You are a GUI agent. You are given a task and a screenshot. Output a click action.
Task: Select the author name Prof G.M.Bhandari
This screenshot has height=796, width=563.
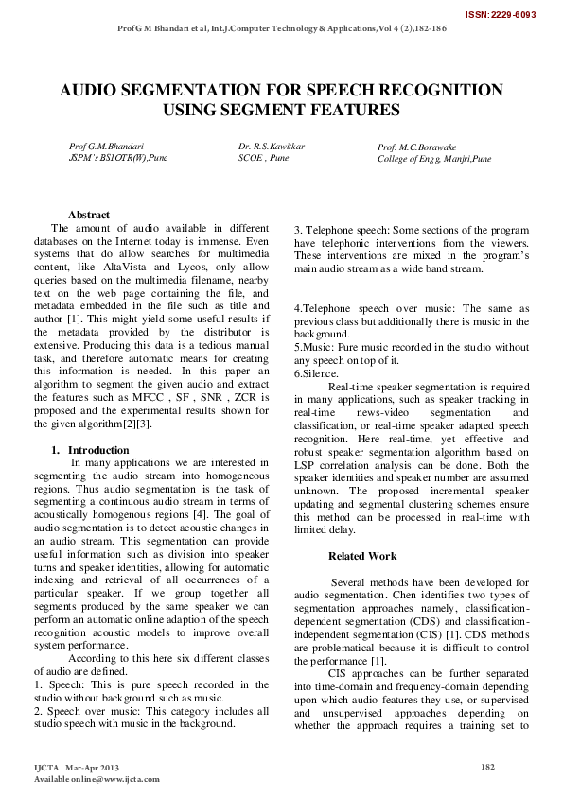coord(106,147)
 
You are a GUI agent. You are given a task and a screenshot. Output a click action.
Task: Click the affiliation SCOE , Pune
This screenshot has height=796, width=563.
coord(264,159)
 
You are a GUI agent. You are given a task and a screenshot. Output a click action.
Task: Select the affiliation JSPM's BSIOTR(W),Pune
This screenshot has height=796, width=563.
coord(118,159)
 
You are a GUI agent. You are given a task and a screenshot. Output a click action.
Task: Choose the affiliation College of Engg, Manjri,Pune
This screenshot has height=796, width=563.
coord(434,159)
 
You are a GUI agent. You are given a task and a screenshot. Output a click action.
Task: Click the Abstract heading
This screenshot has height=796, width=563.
coord(89,216)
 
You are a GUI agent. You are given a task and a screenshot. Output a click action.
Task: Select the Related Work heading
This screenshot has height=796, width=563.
coord(362,556)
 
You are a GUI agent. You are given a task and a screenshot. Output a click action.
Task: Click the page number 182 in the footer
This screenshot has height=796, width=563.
coord(488,766)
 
